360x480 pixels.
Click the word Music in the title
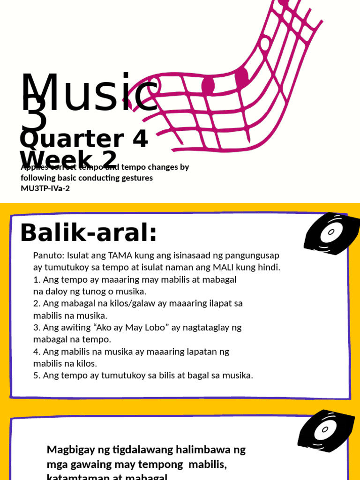89,94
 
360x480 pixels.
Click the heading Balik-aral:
88,232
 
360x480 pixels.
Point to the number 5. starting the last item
37,375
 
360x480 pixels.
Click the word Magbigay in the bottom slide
70,450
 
